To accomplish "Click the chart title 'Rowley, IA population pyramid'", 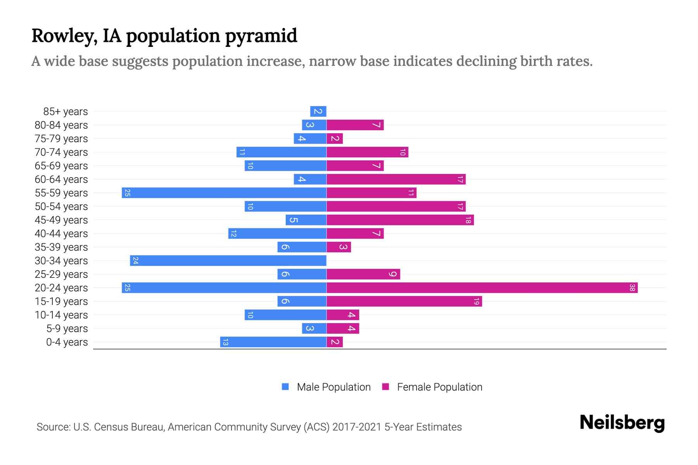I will pos(164,36).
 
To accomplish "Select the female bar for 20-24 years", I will pos(482,288).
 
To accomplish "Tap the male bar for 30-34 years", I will pos(228,261).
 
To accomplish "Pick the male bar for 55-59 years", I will pos(224,193).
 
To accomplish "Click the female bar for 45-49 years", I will pos(400,220).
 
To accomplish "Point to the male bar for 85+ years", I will pos(318,112).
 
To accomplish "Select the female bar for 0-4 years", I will pos(335,342).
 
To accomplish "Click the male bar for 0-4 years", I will pos(273,342).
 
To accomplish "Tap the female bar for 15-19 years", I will pos(404,301).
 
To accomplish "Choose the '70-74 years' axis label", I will pos(61,152).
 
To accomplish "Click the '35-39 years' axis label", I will pos(61,247).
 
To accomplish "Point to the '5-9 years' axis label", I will pos(67,329).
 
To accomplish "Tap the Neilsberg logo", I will pos(622,423).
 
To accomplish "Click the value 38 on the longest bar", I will pos(632,288).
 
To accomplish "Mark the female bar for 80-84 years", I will pos(355,125).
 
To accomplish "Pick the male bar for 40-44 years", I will pos(277,234).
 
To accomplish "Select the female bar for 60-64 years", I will pos(396,179).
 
